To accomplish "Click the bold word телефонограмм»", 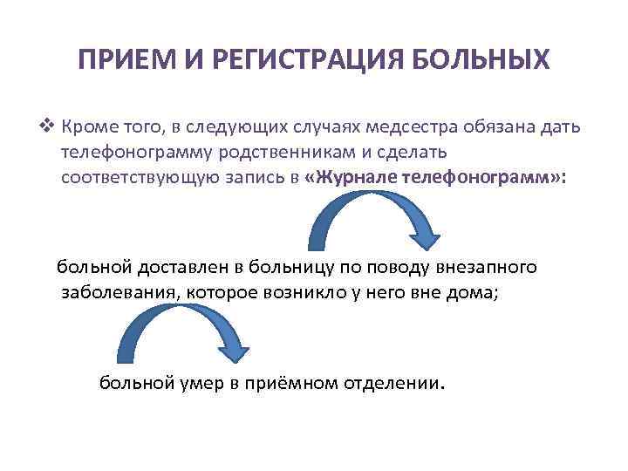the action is coord(495,177).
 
